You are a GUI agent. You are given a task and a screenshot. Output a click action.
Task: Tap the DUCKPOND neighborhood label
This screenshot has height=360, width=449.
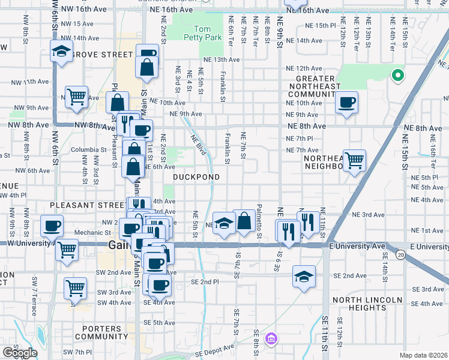[x=196, y=177]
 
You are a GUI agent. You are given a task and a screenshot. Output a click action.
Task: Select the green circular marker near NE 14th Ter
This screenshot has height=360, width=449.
[x=396, y=76]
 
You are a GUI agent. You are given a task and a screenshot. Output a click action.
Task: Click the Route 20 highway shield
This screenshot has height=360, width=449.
[x=400, y=256]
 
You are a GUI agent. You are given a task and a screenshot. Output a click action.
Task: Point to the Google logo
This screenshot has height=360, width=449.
[x=20, y=353]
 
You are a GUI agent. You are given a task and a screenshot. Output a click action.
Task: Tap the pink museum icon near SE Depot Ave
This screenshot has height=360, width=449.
[x=271, y=340]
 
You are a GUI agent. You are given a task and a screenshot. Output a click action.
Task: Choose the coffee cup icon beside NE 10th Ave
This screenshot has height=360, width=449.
[x=346, y=102]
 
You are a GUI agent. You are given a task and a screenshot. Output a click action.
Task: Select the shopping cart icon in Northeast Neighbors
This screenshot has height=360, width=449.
[x=354, y=160]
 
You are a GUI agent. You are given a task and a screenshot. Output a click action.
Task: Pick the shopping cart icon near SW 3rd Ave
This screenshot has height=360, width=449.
[x=75, y=289]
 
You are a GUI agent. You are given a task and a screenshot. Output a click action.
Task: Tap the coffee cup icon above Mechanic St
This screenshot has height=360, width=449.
[x=52, y=226]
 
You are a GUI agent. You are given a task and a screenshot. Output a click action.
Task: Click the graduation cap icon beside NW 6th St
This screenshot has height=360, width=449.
[x=61, y=51]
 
